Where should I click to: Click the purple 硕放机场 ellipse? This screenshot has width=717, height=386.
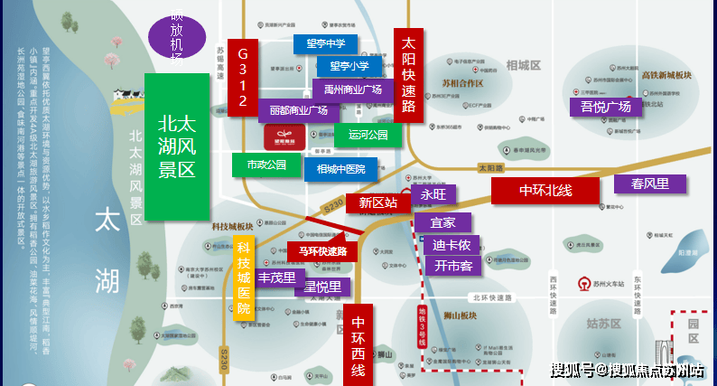click(x=177, y=37)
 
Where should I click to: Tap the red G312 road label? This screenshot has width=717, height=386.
click(x=242, y=78)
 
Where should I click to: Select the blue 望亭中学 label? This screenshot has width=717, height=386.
click(x=324, y=43)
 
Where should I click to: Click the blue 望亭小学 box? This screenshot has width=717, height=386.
click(x=349, y=66)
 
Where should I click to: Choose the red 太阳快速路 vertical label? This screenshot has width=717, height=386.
click(x=408, y=75)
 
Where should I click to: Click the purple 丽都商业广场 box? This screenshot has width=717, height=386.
click(x=298, y=110)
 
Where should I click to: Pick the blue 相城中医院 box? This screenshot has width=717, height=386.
click(x=340, y=169)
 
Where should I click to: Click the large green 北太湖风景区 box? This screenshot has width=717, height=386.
click(x=177, y=146)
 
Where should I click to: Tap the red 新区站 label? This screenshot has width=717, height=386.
click(x=377, y=202)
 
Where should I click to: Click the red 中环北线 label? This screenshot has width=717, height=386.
click(x=545, y=191)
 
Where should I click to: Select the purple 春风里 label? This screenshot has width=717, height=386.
click(x=649, y=184)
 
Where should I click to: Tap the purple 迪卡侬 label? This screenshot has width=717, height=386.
click(x=452, y=245)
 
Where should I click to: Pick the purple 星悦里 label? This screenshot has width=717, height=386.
click(x=321, y=287)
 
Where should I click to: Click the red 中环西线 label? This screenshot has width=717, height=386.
click(x=358, y=344)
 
